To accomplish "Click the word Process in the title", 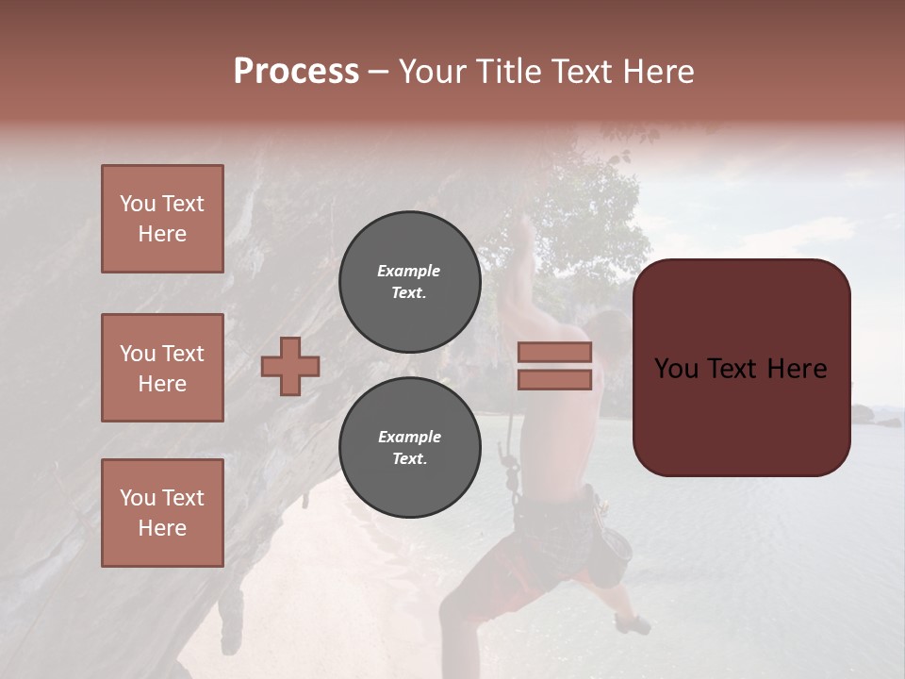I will (296, 72).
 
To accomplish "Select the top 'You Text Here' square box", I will (162, 219).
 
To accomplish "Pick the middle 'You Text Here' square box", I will (162, 368).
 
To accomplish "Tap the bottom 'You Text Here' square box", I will (162, 512).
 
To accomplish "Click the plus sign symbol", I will (290, 366).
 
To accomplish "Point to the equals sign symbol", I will (554, 366).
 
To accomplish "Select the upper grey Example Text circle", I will (409, 282).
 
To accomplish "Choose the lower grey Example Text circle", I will (409, 448).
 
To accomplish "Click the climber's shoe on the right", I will (633, 623).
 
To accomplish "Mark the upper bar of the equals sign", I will (554, 353).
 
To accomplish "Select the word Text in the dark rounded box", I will (741, 369).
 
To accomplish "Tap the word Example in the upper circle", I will (409, 271).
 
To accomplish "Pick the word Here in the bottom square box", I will (162, 528).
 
